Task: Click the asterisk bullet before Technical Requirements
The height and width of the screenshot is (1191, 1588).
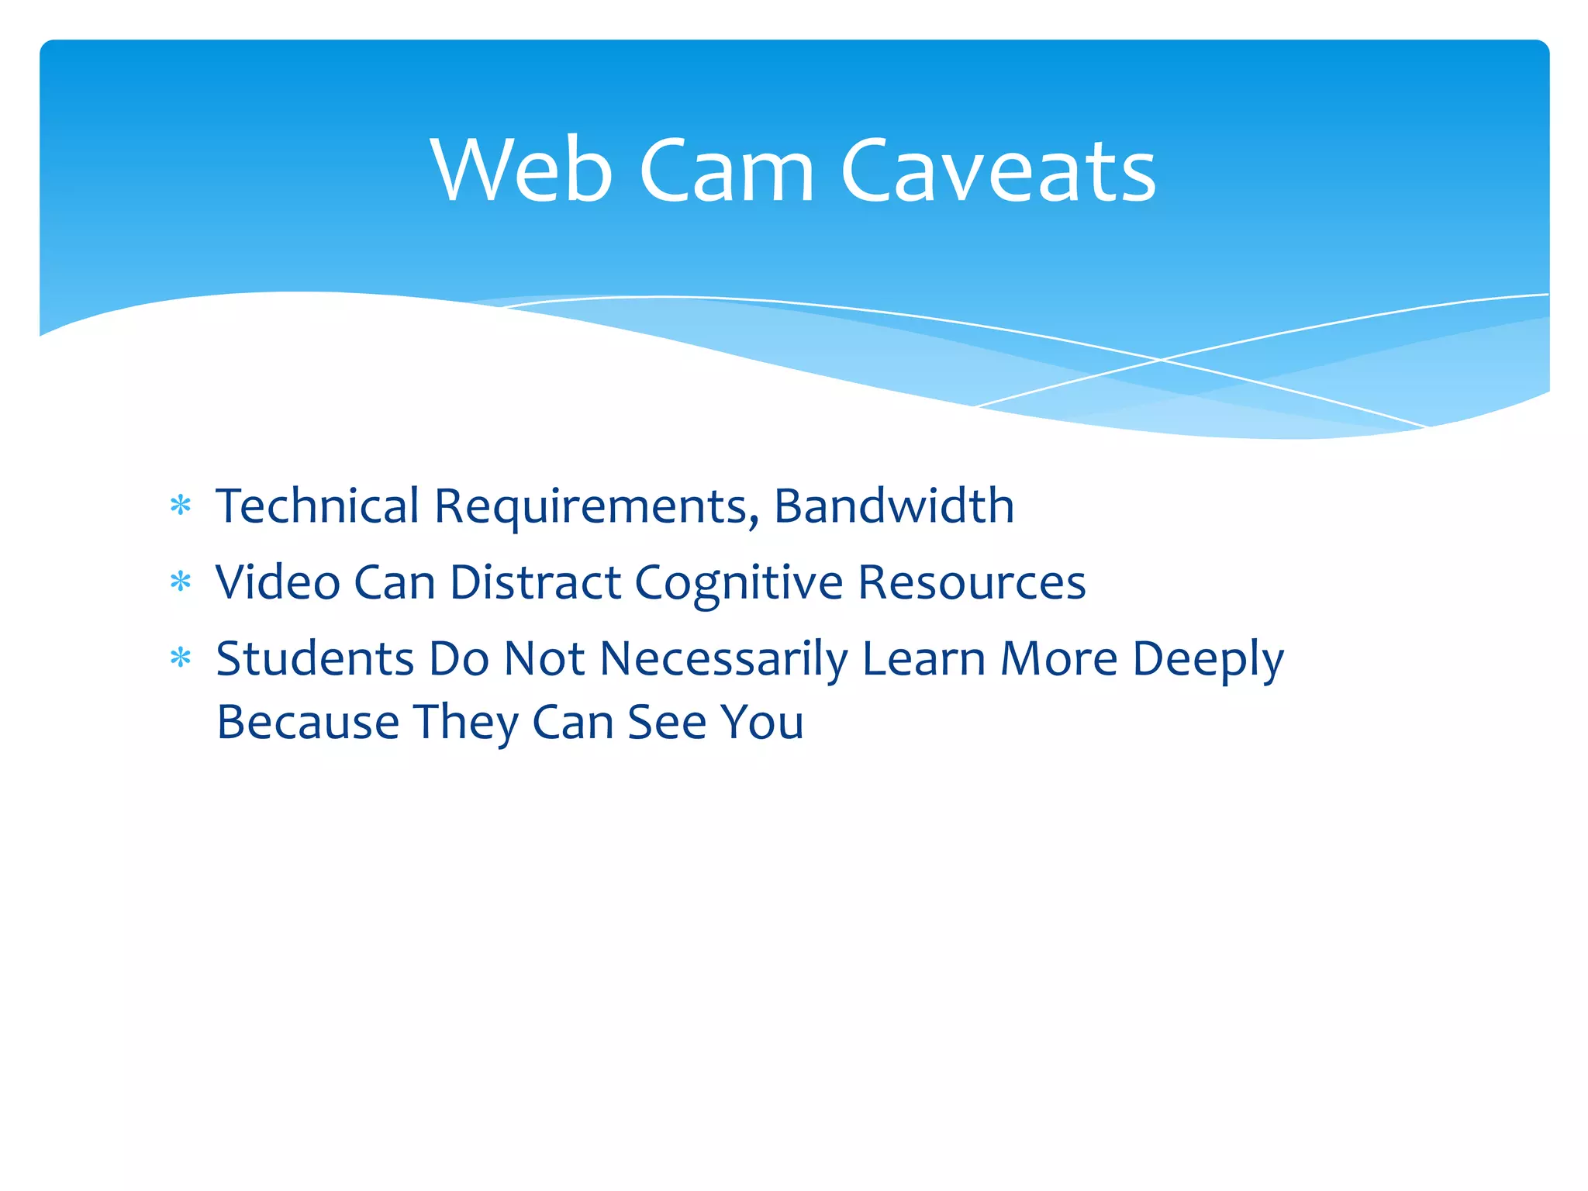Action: [x=181, y=506]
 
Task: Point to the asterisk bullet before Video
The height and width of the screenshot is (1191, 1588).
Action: [x=181, y=582]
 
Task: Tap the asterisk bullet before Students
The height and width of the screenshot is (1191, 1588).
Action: [x=181, y=658]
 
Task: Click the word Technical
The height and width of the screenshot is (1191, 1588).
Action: [x=317, y=506]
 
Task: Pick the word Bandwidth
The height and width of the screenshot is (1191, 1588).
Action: [x=894, y=506]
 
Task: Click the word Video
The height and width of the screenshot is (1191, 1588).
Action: [x=278, y=582]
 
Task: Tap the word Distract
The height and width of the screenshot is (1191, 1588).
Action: [x=535, y=582]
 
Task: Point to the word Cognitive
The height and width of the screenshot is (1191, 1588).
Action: [x=738, y=583]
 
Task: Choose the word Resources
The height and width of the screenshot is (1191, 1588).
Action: [x=972, y=582]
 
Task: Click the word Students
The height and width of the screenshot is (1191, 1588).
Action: [x=315, y=658]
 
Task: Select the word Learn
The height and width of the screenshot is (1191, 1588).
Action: [x=923, y=658]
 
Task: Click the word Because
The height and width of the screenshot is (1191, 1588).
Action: [x=308, y=722]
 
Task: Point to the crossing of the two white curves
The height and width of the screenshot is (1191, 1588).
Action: [x=1161, y=360]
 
